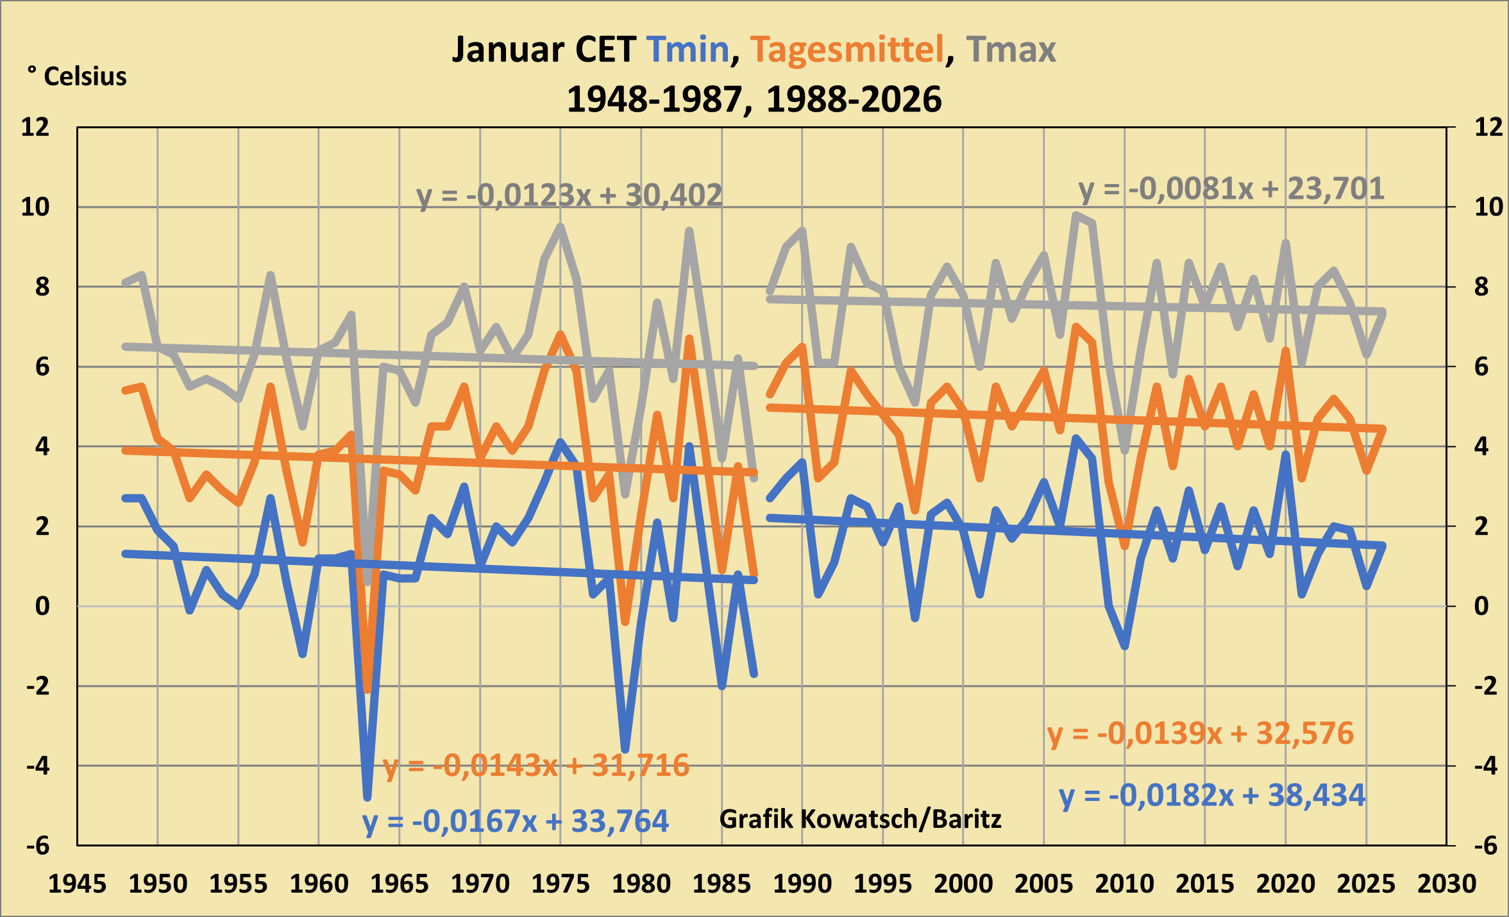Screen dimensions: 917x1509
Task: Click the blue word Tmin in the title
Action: tap(687, 49)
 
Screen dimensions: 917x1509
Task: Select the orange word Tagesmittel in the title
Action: tap(847, 49)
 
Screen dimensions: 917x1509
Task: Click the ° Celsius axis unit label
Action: tap(77, 76)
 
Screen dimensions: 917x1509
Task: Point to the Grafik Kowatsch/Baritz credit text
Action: tap(860, 819)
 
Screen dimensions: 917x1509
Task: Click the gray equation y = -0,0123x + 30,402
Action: tap(569, 195)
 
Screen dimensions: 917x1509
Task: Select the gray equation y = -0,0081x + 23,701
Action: tap(1231, 189)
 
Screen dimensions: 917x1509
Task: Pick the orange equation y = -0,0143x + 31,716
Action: tap(536, 765)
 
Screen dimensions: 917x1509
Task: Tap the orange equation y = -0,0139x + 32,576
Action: tap(1201, 733)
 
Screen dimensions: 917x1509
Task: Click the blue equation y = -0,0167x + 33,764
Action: tap(516, 821)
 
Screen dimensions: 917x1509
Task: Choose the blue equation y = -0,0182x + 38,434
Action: tap(1212, 795)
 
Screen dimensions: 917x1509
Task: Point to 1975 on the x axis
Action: tap(561, 884)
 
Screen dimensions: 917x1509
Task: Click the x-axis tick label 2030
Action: tap(1447, 884)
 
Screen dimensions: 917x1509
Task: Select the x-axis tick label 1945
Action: tap(78, 884)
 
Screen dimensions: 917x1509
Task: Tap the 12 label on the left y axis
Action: tap(35, 127)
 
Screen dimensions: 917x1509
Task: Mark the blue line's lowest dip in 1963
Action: tap(367, 798)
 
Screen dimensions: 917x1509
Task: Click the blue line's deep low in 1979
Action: tap(625, 749)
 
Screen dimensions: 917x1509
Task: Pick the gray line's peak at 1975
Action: tap(561, 226)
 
